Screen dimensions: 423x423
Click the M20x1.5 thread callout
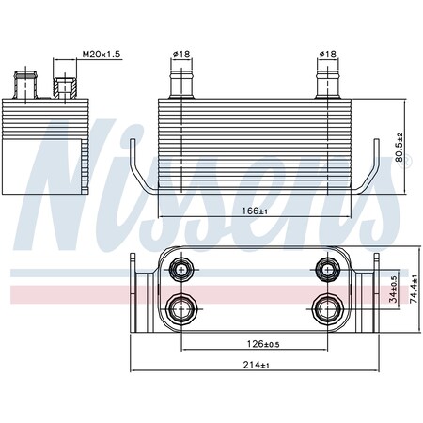[x=102, y=54]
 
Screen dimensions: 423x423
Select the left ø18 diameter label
[x=181, y=54]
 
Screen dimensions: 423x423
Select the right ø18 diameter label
[x=327, y=54]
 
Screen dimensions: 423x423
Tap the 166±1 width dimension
[x=255, y=211]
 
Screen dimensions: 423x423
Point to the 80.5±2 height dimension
[x=399, y=147]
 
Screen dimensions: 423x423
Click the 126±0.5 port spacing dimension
[x=263, y=344]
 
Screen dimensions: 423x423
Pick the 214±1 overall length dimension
[x=256, y=365]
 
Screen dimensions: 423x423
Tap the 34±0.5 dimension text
[x=394, y=290]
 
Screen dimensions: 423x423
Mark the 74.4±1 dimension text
[x=414, y=289]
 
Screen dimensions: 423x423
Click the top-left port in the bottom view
[x=181, y=269]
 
